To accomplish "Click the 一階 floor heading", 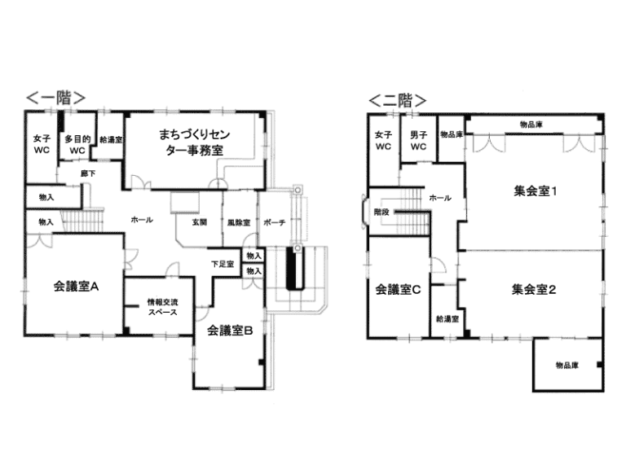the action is pyautogui.click(x=56, y=98).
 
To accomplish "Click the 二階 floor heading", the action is pyautogui.click(x=398, y=100).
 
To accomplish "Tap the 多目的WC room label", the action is pyautogui.click(x=77, y=145).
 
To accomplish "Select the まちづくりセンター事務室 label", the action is pyautogui.click(x=195, y=142).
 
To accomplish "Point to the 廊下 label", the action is pyautogui.click(x=88, y=173).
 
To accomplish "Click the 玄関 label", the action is pyautogui.click(x=199, y=222).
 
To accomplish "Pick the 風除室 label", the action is pyautogui.click(x=239, y=223).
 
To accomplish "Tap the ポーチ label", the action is pyautogui.click(x=274, y=222).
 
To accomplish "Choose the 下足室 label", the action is pyautogui.click(x=223, y=264).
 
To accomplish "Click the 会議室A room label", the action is pyautogui.click(x=76, y=287).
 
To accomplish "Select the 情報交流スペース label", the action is pyautogui.click(x=162, y=307).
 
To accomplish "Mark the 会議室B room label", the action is pyautogui.click(x=230, y=331).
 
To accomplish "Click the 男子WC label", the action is pyautogui.click(x=418, y=141).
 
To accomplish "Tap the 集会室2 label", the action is pyautogui.click(x=534, y=289).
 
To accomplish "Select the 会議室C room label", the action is pyautogui.click(x=398, y=289).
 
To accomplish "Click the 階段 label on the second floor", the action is pyautogui.click(x=381, y=213).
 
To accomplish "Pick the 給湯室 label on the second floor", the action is pyautogui.click(x=447, y=319).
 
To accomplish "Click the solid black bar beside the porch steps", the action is pyautogui.click(x=292, y=268).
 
